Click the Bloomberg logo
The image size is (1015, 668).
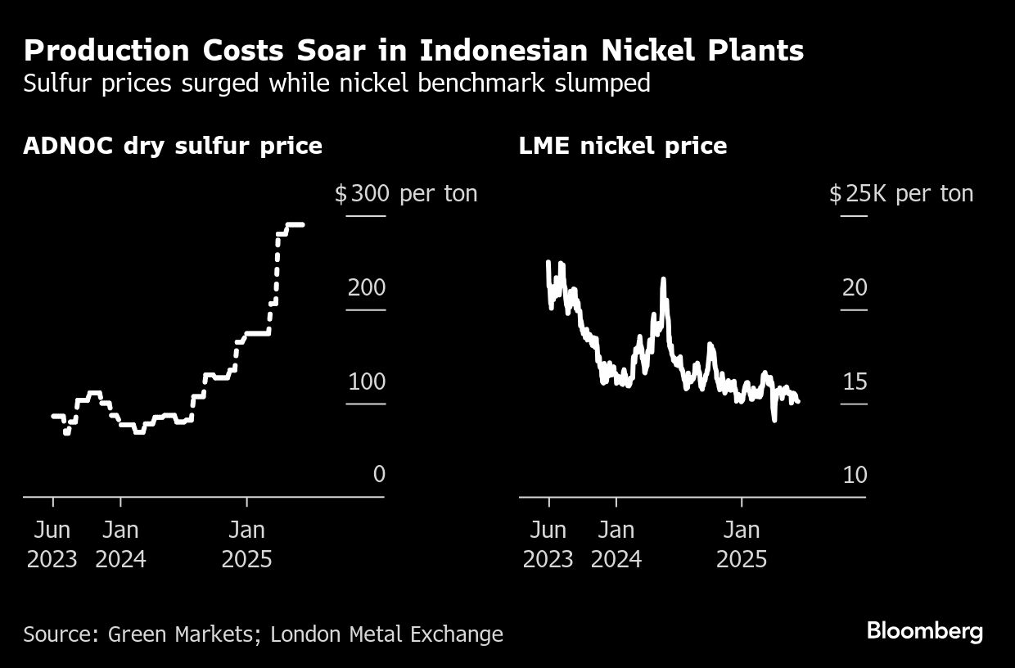coord(924,631)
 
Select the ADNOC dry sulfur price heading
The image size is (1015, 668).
coord(173,146)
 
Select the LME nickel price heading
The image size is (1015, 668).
coord(623,146)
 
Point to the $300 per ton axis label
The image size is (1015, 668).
coord(405,194)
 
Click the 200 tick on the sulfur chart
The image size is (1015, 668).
coord(366,287)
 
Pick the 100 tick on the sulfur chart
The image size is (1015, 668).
coord(366,381)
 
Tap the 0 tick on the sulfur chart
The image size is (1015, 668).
coord(378,475)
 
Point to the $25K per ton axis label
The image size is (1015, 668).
coord(900,194)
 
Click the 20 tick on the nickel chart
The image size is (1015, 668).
coord(855,287)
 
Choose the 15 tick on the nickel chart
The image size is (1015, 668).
coord(855,381)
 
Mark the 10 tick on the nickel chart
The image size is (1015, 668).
coord(855,475)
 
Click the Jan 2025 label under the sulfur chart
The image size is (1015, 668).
coord(246,544)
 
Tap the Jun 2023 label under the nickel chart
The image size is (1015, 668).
coord(548,544)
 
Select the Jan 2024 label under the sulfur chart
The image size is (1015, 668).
coord(120,544)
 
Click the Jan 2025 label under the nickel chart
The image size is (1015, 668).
coord(742,544)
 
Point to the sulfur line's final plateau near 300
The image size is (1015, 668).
coord(292,225)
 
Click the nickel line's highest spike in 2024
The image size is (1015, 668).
coord(663,281)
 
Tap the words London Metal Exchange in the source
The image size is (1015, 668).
coord(386,634)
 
